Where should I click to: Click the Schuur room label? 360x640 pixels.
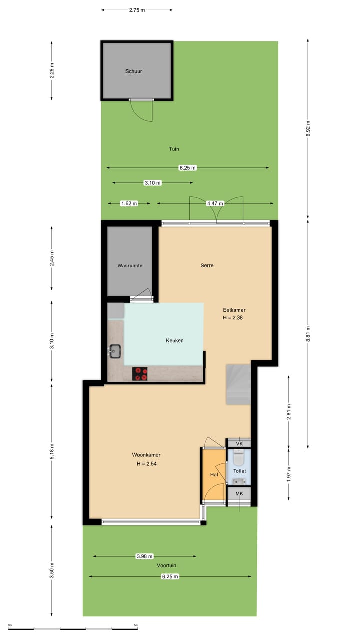click(133, 71)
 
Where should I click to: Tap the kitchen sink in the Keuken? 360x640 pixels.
click(115, 351)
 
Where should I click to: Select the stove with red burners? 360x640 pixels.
click(140, 374)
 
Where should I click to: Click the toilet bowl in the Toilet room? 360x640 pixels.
click(238, 457)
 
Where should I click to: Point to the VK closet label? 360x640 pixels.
click(239, 443)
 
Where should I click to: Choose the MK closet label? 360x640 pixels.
click(239, 494)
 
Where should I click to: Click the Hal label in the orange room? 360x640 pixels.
click(214, 475)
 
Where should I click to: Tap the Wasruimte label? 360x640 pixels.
click(130, 266)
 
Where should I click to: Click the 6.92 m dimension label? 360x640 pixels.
click(308, 129)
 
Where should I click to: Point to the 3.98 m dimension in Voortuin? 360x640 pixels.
click(144, 556)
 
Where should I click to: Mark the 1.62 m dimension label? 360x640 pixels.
click(129, 203)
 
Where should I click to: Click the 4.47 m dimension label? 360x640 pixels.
click(215, 203)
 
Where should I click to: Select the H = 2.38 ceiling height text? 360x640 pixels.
click(234, 318)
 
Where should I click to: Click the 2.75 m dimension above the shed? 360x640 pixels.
click(137, 10)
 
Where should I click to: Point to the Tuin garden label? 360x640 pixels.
click(174, 149)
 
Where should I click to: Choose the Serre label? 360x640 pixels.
click(207, 265)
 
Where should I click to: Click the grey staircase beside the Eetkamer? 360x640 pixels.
click(238, 384)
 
